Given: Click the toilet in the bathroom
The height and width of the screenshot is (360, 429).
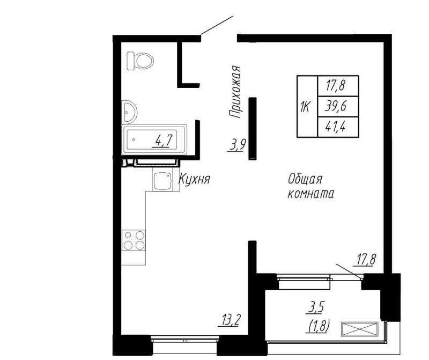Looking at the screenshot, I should tap(141, 60).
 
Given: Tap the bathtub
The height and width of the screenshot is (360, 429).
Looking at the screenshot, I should tap(154, 141).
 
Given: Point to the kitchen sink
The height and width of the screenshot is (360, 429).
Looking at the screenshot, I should tap(162, 181).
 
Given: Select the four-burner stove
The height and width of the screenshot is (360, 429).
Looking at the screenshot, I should tap(134, 239).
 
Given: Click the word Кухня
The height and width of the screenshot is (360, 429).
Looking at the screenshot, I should tap(194, 180).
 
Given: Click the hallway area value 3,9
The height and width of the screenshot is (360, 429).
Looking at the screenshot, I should tap(236, 144).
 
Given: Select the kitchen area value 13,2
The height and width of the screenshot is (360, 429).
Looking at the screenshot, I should tap(230, 321).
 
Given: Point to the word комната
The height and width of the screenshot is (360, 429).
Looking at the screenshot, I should tap(310, 194).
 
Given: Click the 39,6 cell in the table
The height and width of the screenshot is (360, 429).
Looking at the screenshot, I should tap(336, 107).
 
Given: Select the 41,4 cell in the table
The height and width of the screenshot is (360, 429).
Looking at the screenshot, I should tap(336, 128).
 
